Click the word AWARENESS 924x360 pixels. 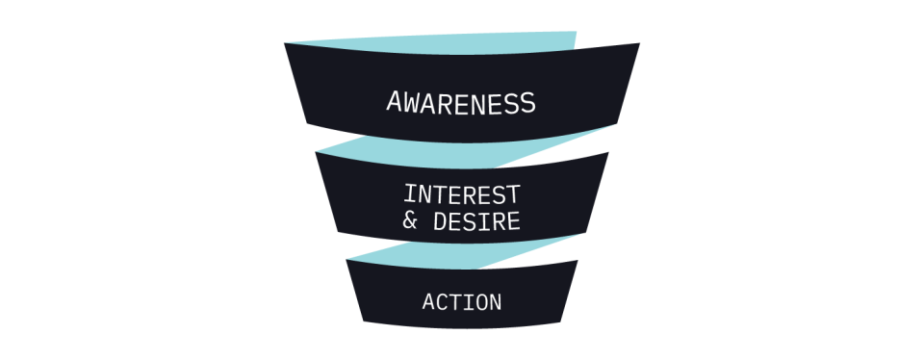(461, 102)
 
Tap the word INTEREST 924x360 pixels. (462, 193)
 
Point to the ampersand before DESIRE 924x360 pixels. (411, 221)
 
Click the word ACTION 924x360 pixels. (462, 302)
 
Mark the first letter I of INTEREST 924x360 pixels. (410, 193)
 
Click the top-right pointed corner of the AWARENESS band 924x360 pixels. (639, 43)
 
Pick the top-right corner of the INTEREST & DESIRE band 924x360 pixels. (608, 152)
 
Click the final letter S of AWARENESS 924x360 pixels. (528, 102)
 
